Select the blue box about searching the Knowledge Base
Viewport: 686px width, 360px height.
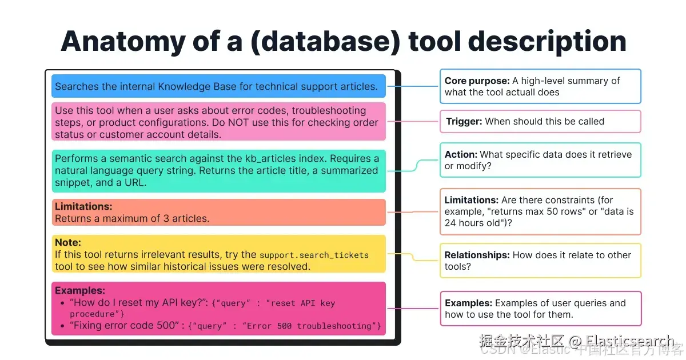pyautogui.click(x=218, y=86)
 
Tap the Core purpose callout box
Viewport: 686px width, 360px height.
pyautogui.click(x=540, y=86)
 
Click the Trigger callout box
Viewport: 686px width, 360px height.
pyautogui.click(x=540, y=121)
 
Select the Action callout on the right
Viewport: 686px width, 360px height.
pyautogui.click(x=540, y=160)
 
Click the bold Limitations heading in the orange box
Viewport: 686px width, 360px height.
pyautogui.click(x=83, y=206)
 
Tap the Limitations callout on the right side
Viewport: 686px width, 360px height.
pyautogui.click(x=540, y=211)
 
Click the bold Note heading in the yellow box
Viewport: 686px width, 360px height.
pyautogui.click(x=68, y=243)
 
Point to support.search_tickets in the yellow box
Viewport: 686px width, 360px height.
pyautogui.click(x=314, y=255)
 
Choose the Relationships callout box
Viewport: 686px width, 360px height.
pyautogui.click(x=540, y=261)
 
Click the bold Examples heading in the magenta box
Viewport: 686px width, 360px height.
pyautogui.click(x=80, y=290)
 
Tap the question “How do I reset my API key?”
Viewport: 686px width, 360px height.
pyautogui.click(x=138, y=303)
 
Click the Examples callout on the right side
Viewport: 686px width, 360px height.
pyautogui.click(x=540, y=309)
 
